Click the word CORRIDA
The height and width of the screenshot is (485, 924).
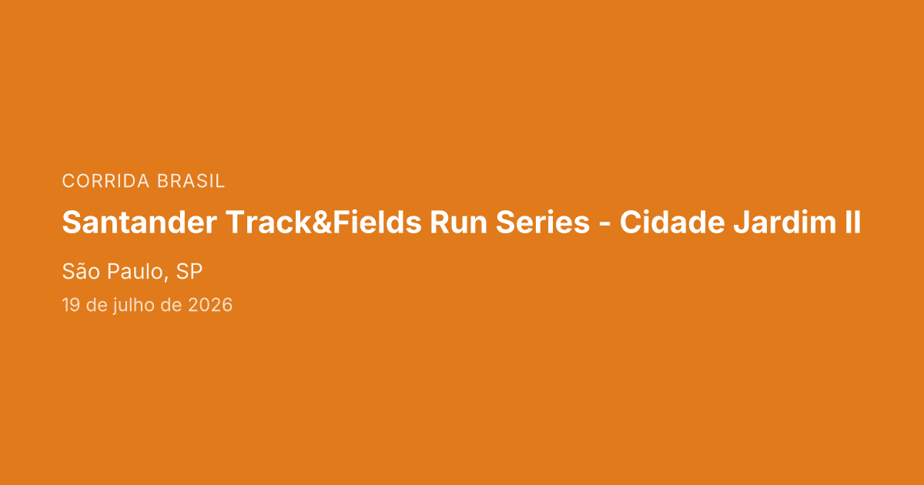coord(105,181)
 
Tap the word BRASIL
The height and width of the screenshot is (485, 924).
coord(191,181)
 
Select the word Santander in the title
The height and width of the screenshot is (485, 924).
coord(139,222)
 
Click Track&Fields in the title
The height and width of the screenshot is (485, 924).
coord(323,222)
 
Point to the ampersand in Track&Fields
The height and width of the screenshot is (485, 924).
coord(322,222)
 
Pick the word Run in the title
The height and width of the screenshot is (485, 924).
coord(459,222)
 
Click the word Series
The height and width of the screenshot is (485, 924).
coord(543,222)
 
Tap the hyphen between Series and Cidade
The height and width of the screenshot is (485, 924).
coord(604,225)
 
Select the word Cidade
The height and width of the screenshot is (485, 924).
coord(672,222)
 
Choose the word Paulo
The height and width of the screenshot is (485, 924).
coord(135,271)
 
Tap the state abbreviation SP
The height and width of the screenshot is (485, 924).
coord(189,271)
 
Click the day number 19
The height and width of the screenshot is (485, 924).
coord(71,305)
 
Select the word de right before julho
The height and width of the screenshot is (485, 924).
coord(97,305)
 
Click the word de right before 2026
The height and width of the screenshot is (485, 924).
coord(171,305)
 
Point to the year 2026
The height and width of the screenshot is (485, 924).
coord(210,305)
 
